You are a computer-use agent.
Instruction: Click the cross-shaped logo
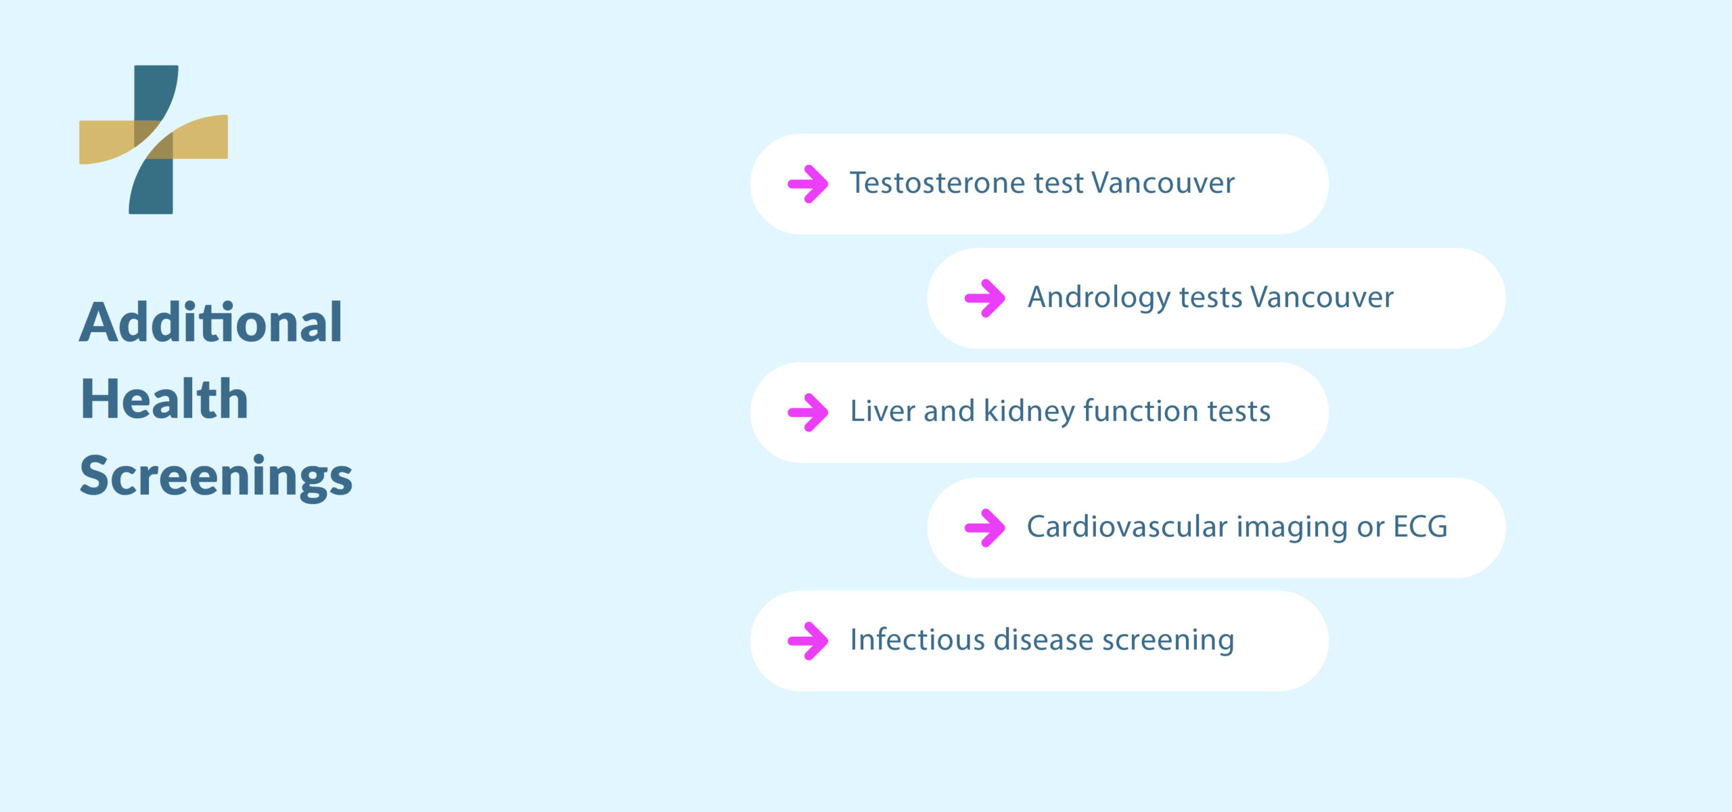click(x=154, y=139)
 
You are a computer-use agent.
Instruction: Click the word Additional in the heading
click(x=211, y=323)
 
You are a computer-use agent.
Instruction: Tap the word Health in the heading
click(x=164, y=399)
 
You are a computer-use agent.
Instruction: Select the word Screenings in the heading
click(x=216, y=477)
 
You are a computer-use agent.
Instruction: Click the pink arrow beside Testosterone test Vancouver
click(x=808, y=183)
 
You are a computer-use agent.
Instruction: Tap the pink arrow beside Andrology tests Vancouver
click(x=985, y=298)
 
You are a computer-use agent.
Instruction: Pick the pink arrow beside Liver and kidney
click(x=808, y=412)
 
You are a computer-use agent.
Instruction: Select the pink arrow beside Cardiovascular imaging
click(x=985, y=527)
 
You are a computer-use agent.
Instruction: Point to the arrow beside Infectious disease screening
click(x=808, y=641)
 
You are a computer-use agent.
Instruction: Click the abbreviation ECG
click(x=1420, y=526)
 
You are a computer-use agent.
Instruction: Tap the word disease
click(x=1044, y=640)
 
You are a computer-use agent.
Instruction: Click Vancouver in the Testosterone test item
click(x=1163, y=183)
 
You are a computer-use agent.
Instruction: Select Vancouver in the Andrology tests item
click(x=1322, y=298)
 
